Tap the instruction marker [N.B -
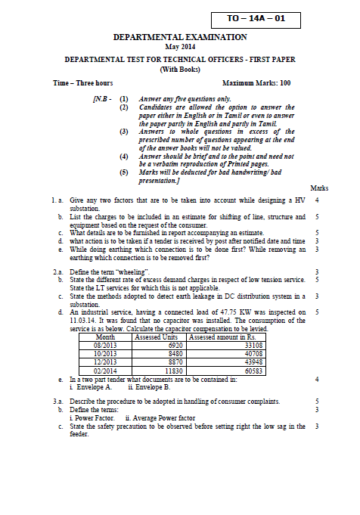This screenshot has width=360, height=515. [102, 98]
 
